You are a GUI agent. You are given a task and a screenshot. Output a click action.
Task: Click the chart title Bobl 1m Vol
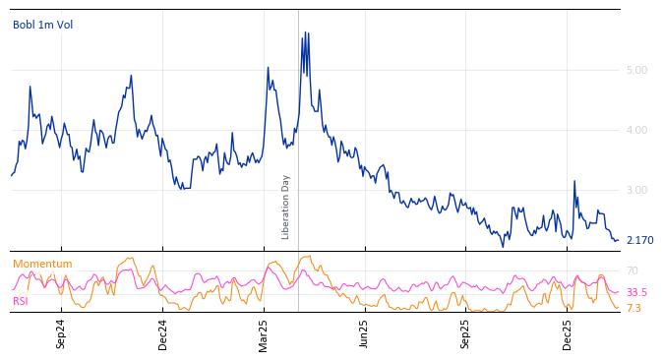point(42,25)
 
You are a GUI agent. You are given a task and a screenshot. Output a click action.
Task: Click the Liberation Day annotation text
point(286,207)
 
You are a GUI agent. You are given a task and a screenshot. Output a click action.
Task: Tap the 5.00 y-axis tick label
point(636,70)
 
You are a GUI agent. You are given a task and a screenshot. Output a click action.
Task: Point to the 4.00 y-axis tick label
point(636,130)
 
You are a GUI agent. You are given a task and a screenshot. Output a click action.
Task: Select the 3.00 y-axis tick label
point(636,190)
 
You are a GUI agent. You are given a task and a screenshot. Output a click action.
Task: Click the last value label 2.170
point(639,240)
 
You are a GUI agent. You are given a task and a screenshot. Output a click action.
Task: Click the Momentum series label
point(42,264)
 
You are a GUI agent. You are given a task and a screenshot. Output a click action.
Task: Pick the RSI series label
point(21,301)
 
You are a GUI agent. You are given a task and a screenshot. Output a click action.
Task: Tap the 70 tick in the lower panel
point(633,270)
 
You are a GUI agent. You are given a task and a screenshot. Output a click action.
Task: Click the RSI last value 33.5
point(636,292)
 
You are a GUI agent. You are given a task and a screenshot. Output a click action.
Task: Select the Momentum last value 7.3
point(633,308)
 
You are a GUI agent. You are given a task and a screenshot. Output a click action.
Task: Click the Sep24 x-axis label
point(61,333)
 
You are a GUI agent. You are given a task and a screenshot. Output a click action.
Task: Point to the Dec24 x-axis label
point(163,333)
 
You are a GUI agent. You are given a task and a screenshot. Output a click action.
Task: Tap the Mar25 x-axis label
point(264,333)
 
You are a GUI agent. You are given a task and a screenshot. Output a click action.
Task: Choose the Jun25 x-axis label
point(364,333)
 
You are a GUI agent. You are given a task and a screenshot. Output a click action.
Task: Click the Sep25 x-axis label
point(466,333)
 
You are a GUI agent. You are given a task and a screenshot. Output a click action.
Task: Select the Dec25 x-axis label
point(568,333)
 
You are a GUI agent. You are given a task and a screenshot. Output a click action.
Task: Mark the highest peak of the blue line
point(305,31)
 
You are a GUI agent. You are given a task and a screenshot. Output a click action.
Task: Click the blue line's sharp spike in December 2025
point(574,181)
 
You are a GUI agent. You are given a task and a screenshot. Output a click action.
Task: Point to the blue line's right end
point(618,240)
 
